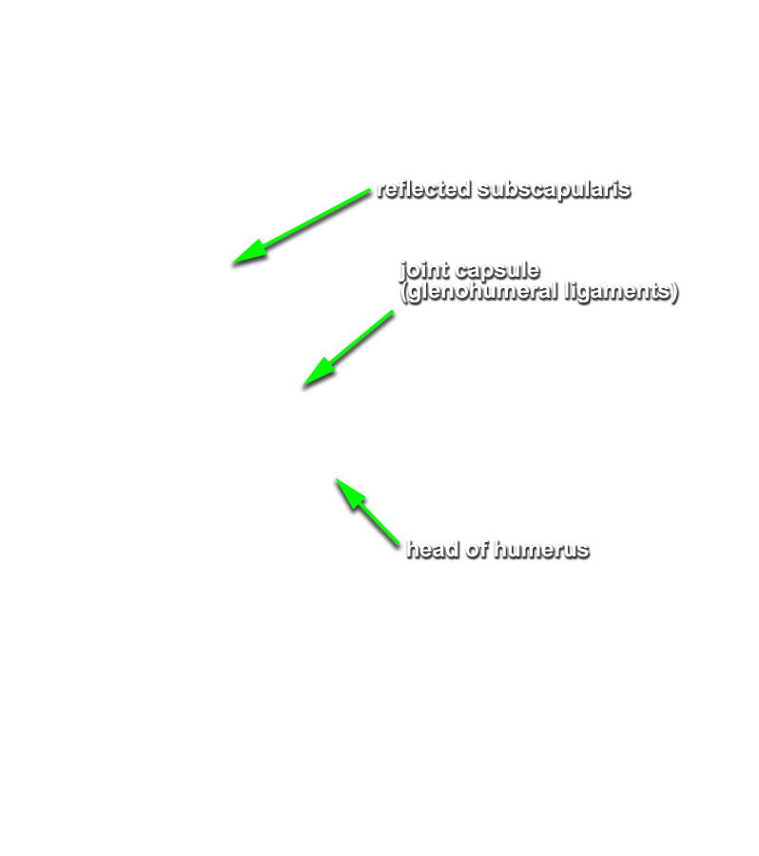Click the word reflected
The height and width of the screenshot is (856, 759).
(424, 189)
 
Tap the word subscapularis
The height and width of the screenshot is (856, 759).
(554, 190)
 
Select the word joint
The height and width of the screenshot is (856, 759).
(424, 271)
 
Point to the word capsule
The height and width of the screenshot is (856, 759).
(496, 271)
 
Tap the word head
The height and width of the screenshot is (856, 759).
(433, 549)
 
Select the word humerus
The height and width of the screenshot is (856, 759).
(542, 550)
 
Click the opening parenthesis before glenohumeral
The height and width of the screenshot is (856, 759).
(404, 292)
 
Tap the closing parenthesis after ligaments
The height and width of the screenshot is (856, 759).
(674, 292)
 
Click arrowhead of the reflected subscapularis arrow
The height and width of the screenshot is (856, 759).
(233, 263)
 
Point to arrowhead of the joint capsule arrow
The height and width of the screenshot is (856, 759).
(303, 386)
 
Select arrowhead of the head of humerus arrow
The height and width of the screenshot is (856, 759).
(336, 478)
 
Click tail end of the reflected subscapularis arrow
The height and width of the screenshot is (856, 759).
(370, 190)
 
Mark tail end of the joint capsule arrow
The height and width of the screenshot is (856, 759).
(393, 312)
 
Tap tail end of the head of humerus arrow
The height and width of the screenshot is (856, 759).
(399, 544)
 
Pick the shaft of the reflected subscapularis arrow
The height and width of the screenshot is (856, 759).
(302, 226)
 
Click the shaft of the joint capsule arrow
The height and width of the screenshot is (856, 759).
(348, 349)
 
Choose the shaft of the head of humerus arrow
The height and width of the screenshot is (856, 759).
(367, 512)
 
